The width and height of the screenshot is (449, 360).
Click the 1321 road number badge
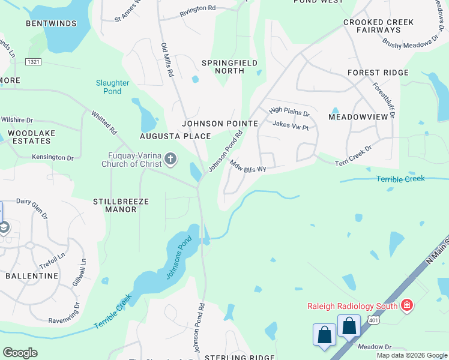pos(33,61)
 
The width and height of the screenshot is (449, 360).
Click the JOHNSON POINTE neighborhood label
pos(220,124)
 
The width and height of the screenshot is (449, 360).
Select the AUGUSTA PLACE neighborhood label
pos(175,136)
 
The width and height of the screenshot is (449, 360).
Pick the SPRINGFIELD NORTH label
pos(230,67)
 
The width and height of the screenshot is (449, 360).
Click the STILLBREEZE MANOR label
pos(121,206)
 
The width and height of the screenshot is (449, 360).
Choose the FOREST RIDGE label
pos(378,73)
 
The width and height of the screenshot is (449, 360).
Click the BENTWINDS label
pos(51,23)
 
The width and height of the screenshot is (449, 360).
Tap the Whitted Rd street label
pos(104,122)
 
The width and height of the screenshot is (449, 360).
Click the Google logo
pos(20,353)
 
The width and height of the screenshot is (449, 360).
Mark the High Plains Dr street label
pos(289,112)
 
